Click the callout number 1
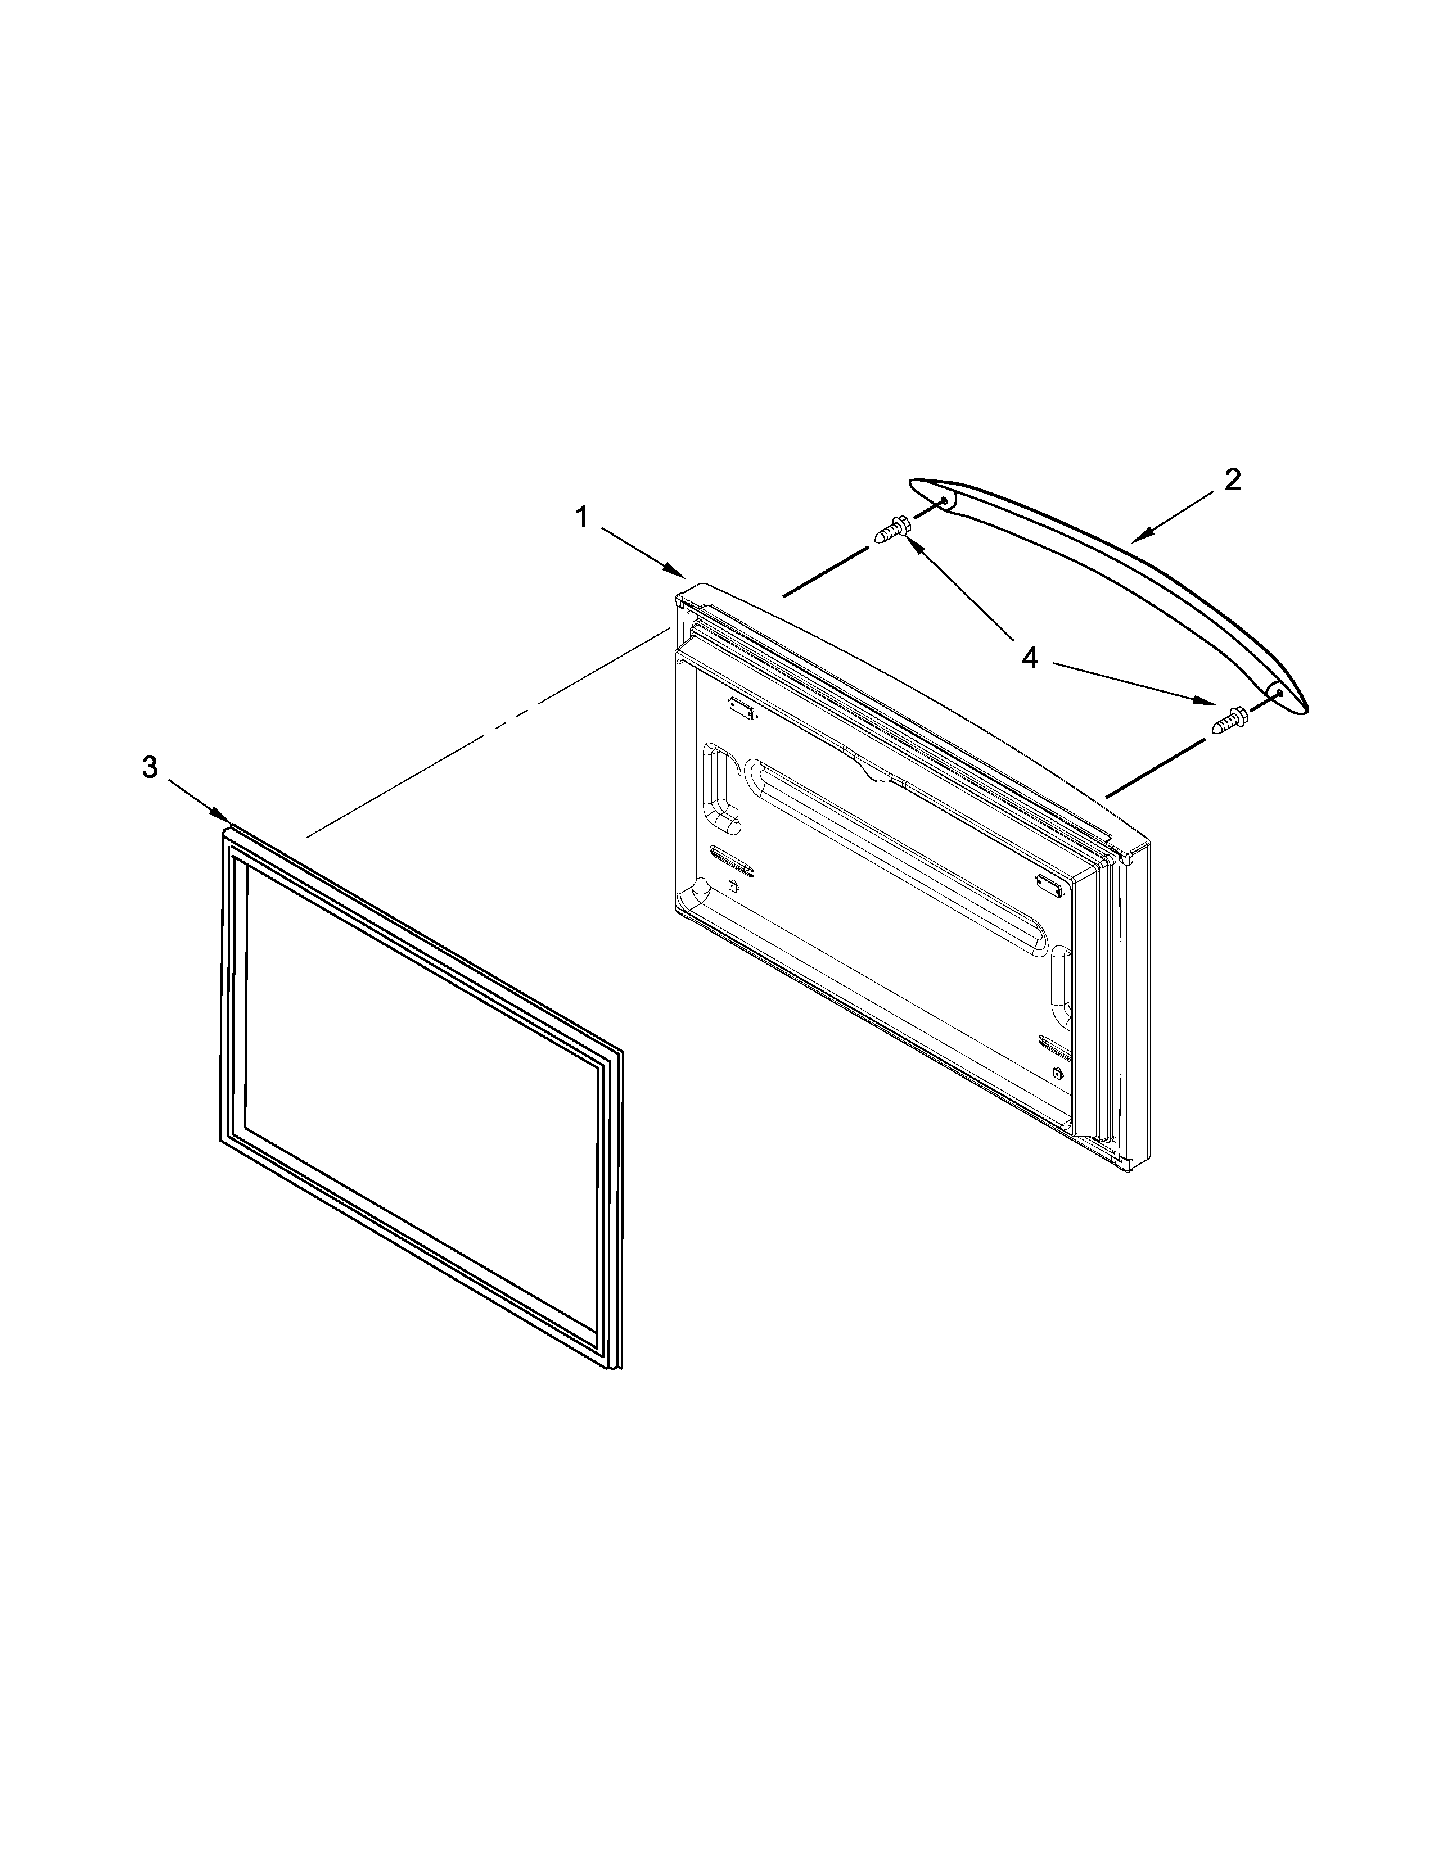coord(582,517)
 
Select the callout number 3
coord(150,768)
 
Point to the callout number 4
coord(1030,658)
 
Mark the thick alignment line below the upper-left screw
coord(825,572)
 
